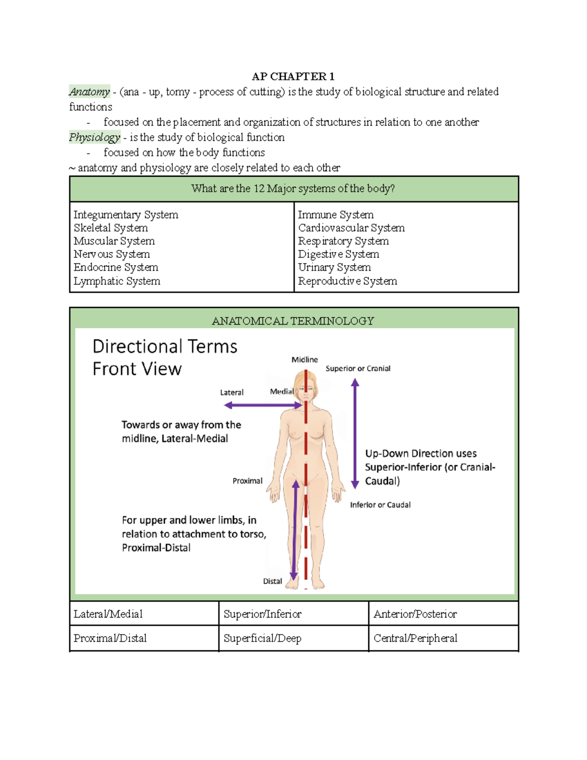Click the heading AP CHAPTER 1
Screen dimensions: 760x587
click(293, 76)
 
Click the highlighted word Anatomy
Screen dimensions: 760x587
click(90, 92)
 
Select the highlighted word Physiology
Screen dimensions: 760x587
click(94, 138)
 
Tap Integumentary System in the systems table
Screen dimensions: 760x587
click(126, 215)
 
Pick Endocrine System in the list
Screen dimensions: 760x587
click(116, 267)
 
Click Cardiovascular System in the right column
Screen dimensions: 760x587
click(351, 228)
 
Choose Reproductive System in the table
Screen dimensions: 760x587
click(347, 281)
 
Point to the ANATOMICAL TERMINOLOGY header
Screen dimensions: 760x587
click(293, 321)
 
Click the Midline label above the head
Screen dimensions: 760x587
click(305, 360)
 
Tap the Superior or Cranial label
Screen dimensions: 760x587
click(358, 368)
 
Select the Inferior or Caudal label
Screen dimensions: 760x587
click(380, 505)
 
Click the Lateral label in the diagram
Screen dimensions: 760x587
click(232, 392)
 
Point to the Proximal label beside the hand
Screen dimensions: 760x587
click(248, 481)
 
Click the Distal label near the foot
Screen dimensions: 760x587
click(272, 581)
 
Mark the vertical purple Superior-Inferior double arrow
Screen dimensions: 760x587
click(355, 434)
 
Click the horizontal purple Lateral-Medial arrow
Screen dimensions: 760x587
click(263, 405)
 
